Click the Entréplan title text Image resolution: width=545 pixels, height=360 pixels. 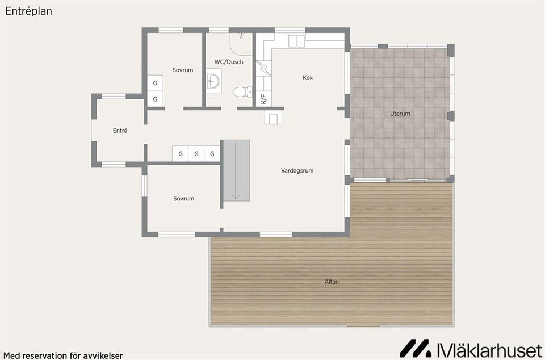click(29, 11)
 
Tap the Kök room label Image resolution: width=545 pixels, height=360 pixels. click(308, 78)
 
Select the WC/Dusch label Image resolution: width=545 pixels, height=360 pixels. click(229, 62)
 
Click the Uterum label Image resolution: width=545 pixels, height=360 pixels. click(400, 114)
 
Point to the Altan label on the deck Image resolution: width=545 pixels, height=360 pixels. click(332, 282)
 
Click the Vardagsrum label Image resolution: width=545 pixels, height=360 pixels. click(297, 170)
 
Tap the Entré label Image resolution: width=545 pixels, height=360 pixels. click(120, 131)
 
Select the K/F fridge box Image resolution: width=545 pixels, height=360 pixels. click(264, 99)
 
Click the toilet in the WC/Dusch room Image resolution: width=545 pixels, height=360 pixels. click(242, 92)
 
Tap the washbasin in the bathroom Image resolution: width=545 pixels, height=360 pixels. click(213, 81)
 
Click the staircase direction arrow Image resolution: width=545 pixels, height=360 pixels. click(236, 170)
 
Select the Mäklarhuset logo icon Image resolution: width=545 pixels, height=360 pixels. click(415, 348)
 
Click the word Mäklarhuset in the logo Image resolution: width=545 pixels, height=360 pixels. click(489, 349)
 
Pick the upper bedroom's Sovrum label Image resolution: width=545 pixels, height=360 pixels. click(183, 70)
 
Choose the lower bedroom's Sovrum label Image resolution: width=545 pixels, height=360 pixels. click(184, 198)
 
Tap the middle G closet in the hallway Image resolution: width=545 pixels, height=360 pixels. click(196, 153)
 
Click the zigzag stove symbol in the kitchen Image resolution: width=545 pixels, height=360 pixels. click(264, 68)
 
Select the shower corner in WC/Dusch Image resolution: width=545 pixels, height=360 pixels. click(241, 44)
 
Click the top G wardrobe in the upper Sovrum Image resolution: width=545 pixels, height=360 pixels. click(155, 83)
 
